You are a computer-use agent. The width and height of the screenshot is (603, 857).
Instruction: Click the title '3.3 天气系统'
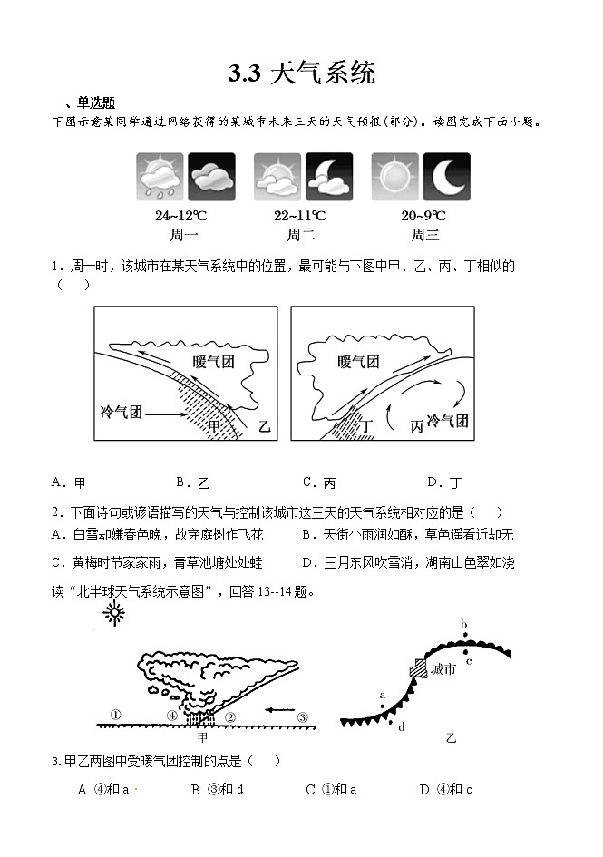click(301, 73)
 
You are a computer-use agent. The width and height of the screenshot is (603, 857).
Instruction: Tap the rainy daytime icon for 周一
click(160, 177)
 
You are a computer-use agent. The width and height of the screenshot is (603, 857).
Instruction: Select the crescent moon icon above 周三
click(447, 177)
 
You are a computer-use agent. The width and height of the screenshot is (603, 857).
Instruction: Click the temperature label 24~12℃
click(181, 216)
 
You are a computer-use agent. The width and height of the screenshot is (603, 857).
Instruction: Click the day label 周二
click(300, 235)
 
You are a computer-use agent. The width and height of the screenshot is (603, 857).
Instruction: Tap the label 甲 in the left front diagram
click(214, 425)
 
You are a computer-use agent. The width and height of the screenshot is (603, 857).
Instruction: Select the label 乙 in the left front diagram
click(264, 425)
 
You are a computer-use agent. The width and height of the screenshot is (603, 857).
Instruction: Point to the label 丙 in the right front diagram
click(416, 426)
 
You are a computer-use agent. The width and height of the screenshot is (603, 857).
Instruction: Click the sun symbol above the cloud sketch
click(115, 615)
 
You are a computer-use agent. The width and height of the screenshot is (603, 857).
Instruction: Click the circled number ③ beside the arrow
click(303, 716)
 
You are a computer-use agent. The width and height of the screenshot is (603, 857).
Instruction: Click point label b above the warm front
click(463, 623)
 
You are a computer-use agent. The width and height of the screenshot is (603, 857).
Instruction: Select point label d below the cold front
click(401, 726)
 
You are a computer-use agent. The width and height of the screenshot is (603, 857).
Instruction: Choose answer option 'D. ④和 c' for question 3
click(445, 790)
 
